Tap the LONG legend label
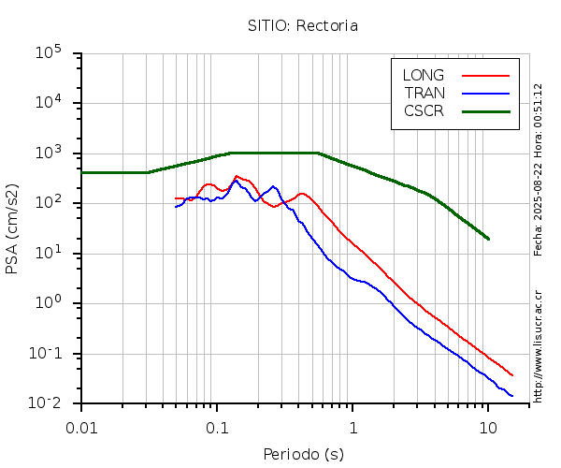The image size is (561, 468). [x=423, y=75]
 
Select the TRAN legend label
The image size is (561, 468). [x=424, y=93]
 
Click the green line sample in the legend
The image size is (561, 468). [x=485, y=110]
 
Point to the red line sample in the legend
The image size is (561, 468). [x=485, y=75]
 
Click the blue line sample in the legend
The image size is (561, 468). [x=485, y=93]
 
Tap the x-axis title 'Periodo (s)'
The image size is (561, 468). [x=303, y=455]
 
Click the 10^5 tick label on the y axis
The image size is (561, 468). [x=49, y=53]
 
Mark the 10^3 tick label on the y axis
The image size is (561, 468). [x=49, y=154]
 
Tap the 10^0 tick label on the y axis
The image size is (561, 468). [x=49, y=303]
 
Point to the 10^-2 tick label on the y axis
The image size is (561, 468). [x=49, y=402]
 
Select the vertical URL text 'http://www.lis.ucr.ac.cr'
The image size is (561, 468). [x=538, y=346]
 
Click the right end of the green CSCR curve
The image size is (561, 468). [x=488, y=239]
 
